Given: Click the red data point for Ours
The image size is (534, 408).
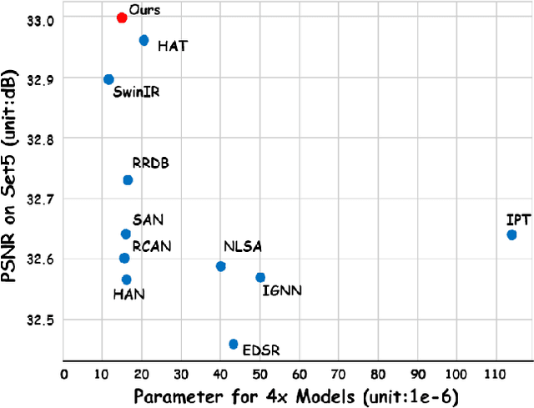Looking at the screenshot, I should coord(122,18).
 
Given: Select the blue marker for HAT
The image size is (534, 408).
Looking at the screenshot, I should coord(144,40).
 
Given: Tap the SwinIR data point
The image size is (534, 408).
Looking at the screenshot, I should coord(108,79).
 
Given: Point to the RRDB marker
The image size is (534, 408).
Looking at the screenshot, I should coord(128,180).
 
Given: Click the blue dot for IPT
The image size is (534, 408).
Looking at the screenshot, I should coord(511,235).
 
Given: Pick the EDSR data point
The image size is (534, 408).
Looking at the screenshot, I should coord(234,344).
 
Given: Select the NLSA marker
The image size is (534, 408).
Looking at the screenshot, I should coord(221,266).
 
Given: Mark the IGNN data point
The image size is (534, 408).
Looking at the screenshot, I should coord(260,277).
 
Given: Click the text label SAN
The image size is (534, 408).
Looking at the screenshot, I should coord(148,219).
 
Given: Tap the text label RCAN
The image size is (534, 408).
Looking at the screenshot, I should coord(152,246).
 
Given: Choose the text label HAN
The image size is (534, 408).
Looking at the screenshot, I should coord(128,294).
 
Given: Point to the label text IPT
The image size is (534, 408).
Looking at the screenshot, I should coord(517,219).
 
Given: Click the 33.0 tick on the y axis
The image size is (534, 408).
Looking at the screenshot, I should coord(39,18).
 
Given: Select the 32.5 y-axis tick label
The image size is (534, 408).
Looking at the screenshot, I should coord(39,320).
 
